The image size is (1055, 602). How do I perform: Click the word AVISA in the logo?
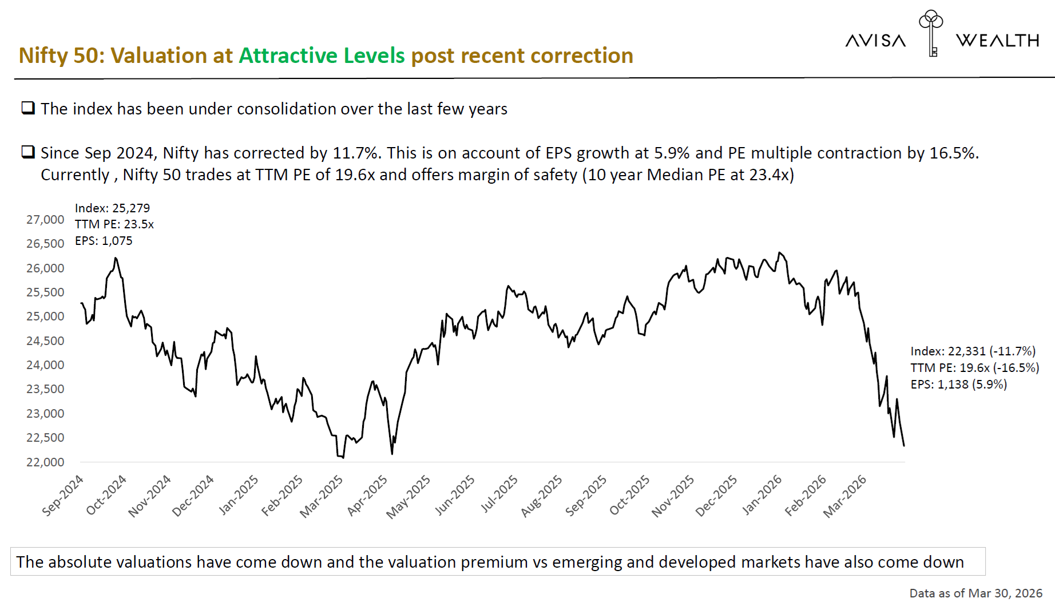[x=875, y=41]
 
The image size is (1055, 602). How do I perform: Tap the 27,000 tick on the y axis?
[x=45, y=220]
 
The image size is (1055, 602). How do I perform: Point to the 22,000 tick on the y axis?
[x=45, y=462]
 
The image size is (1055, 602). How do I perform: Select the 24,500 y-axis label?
[x=45, y=341]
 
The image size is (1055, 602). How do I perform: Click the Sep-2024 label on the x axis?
[x=63, y=495]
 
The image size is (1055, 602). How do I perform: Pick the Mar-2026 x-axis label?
[x=845, y=496]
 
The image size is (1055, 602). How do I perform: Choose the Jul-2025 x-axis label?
[x=499, y=493]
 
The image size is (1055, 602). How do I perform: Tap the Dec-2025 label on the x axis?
[x=716, y=496]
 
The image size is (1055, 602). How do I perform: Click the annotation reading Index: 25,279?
[x=112, y=208]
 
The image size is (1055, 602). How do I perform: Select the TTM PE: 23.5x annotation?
[x=114, y=224]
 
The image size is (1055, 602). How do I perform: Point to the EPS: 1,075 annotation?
[x=104, y=241]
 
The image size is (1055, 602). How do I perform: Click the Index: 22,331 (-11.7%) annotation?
[x=973, y=351]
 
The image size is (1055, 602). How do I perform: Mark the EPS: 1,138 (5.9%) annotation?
[x=958, y=385]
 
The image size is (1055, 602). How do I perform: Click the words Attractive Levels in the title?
[x=322, y=56]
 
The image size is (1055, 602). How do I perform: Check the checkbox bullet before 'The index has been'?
[x=28, y=108]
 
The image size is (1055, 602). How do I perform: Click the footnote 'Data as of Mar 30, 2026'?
[x=975, y=593]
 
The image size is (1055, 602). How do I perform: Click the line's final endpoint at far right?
[x=904, y=446]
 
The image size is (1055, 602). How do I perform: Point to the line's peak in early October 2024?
[x=116, y=258]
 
